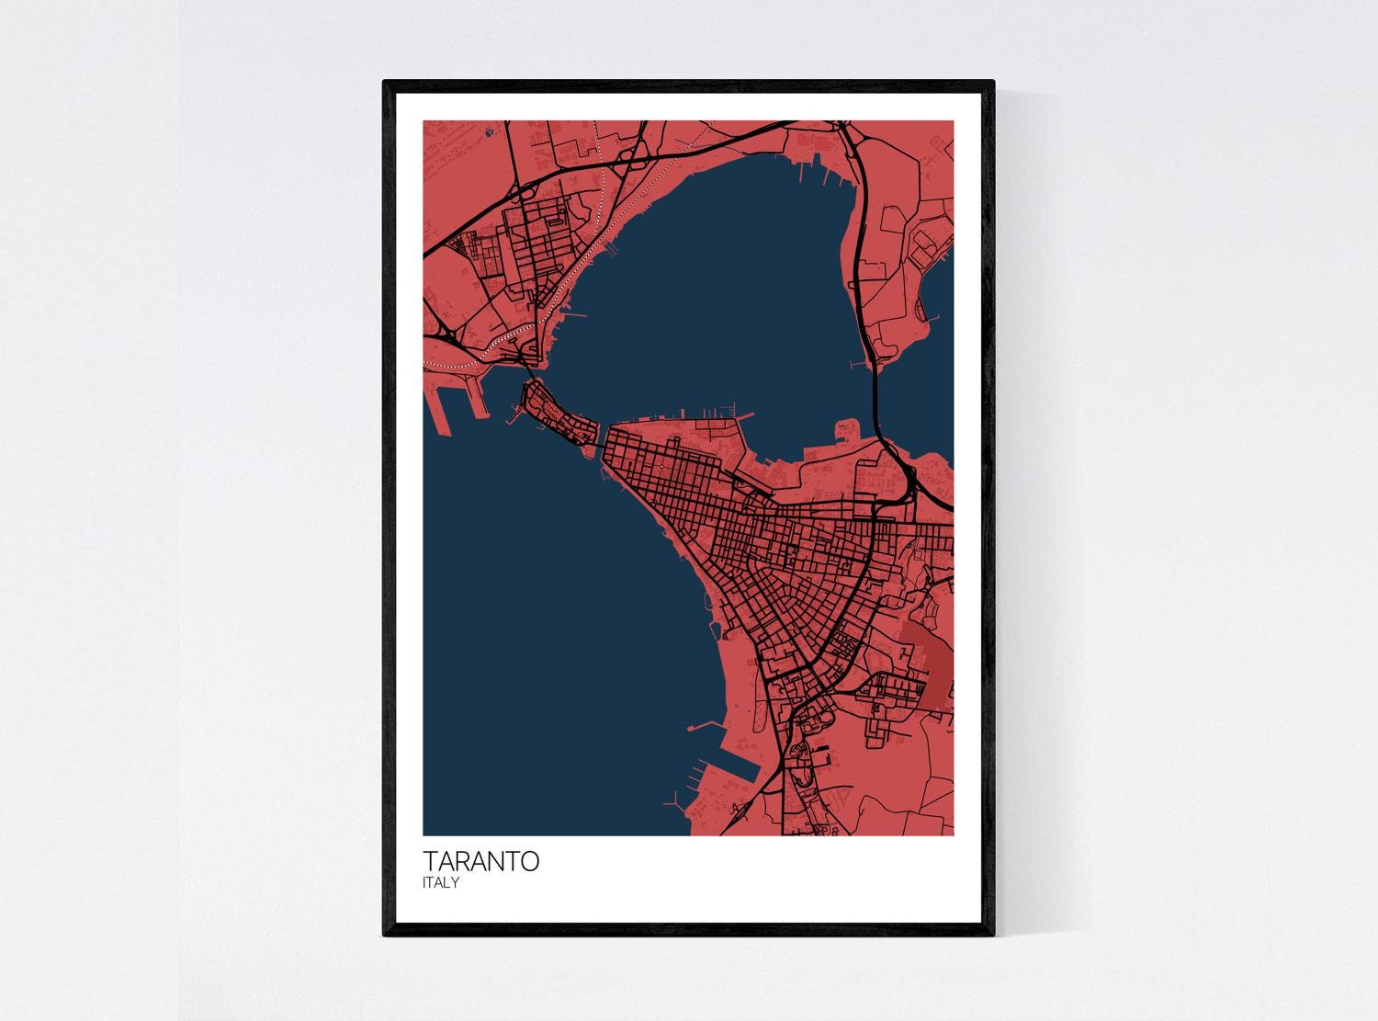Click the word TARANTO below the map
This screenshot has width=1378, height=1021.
point(480,862)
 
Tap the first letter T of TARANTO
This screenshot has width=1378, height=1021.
point(431,862)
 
